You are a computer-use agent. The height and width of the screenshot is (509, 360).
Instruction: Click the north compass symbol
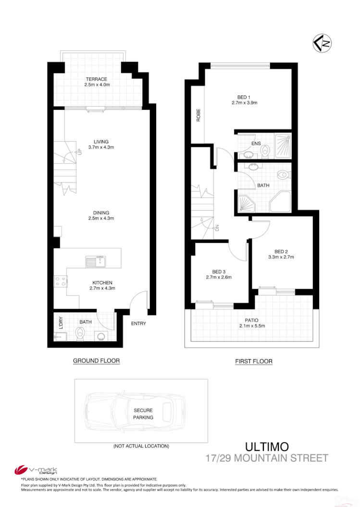point(322,44)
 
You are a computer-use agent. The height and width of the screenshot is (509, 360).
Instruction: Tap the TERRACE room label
point(97,82)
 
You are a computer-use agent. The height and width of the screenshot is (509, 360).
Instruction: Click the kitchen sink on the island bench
point(95,262)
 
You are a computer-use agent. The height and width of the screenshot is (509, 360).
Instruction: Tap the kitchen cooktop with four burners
point(60,281)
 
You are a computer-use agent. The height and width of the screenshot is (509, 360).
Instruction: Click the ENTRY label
point(138,324)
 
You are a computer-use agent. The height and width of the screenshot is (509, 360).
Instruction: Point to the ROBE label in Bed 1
point(198,116)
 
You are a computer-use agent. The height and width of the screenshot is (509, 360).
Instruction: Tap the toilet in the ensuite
point(265,151)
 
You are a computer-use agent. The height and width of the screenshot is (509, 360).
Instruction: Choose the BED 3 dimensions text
point(219,277)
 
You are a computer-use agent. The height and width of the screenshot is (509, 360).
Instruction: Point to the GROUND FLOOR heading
point(96,361)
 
